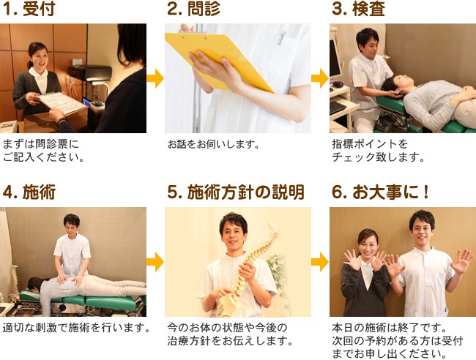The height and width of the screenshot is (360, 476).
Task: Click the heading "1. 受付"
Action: click(x=29, y=9)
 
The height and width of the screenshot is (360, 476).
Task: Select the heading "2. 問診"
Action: click(x=193, y=9)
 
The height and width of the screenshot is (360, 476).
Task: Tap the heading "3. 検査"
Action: click(x=359, y=9)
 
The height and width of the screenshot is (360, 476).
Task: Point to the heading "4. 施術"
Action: click(x=29, y=192)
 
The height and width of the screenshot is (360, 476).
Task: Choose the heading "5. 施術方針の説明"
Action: click(x=236, y=192)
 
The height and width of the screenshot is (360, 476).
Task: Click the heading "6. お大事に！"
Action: click(x=381, y=192)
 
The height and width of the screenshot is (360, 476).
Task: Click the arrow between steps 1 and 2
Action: click(x=155, y=78)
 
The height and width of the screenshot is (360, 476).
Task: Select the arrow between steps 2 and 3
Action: click(x=320, y=78)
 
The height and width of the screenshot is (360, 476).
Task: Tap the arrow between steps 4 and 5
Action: click(x=155, y=262)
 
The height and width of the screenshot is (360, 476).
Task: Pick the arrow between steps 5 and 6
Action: click(x=320, y=262)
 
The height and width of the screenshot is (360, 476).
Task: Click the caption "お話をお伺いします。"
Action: click(x=214, y=144)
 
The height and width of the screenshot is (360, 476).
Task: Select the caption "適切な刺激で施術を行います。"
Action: click(x=76, y=328)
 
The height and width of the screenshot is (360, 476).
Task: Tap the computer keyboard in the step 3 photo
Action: click(x=338, y=108)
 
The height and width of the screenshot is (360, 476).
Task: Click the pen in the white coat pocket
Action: click(x=282, y=37)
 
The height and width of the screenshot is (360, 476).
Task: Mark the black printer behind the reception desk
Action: click(x=90, y=72)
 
